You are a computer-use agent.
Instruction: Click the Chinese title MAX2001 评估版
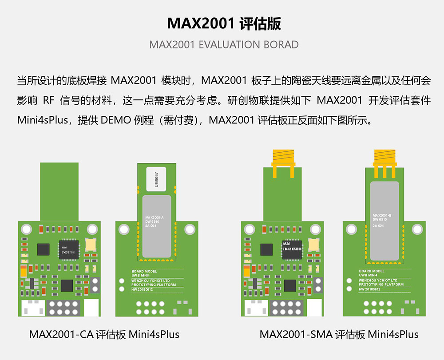click(224, 24)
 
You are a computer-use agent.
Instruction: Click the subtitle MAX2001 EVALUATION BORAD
click(224, 45)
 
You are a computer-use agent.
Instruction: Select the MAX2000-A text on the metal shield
click(155, 218)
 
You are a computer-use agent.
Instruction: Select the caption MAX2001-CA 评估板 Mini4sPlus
click(104, 334)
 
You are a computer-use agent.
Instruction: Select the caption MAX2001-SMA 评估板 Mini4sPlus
click(339, 334)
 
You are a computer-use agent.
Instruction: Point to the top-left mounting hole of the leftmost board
click(28, 229)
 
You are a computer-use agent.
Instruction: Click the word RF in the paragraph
click(48, 100)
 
